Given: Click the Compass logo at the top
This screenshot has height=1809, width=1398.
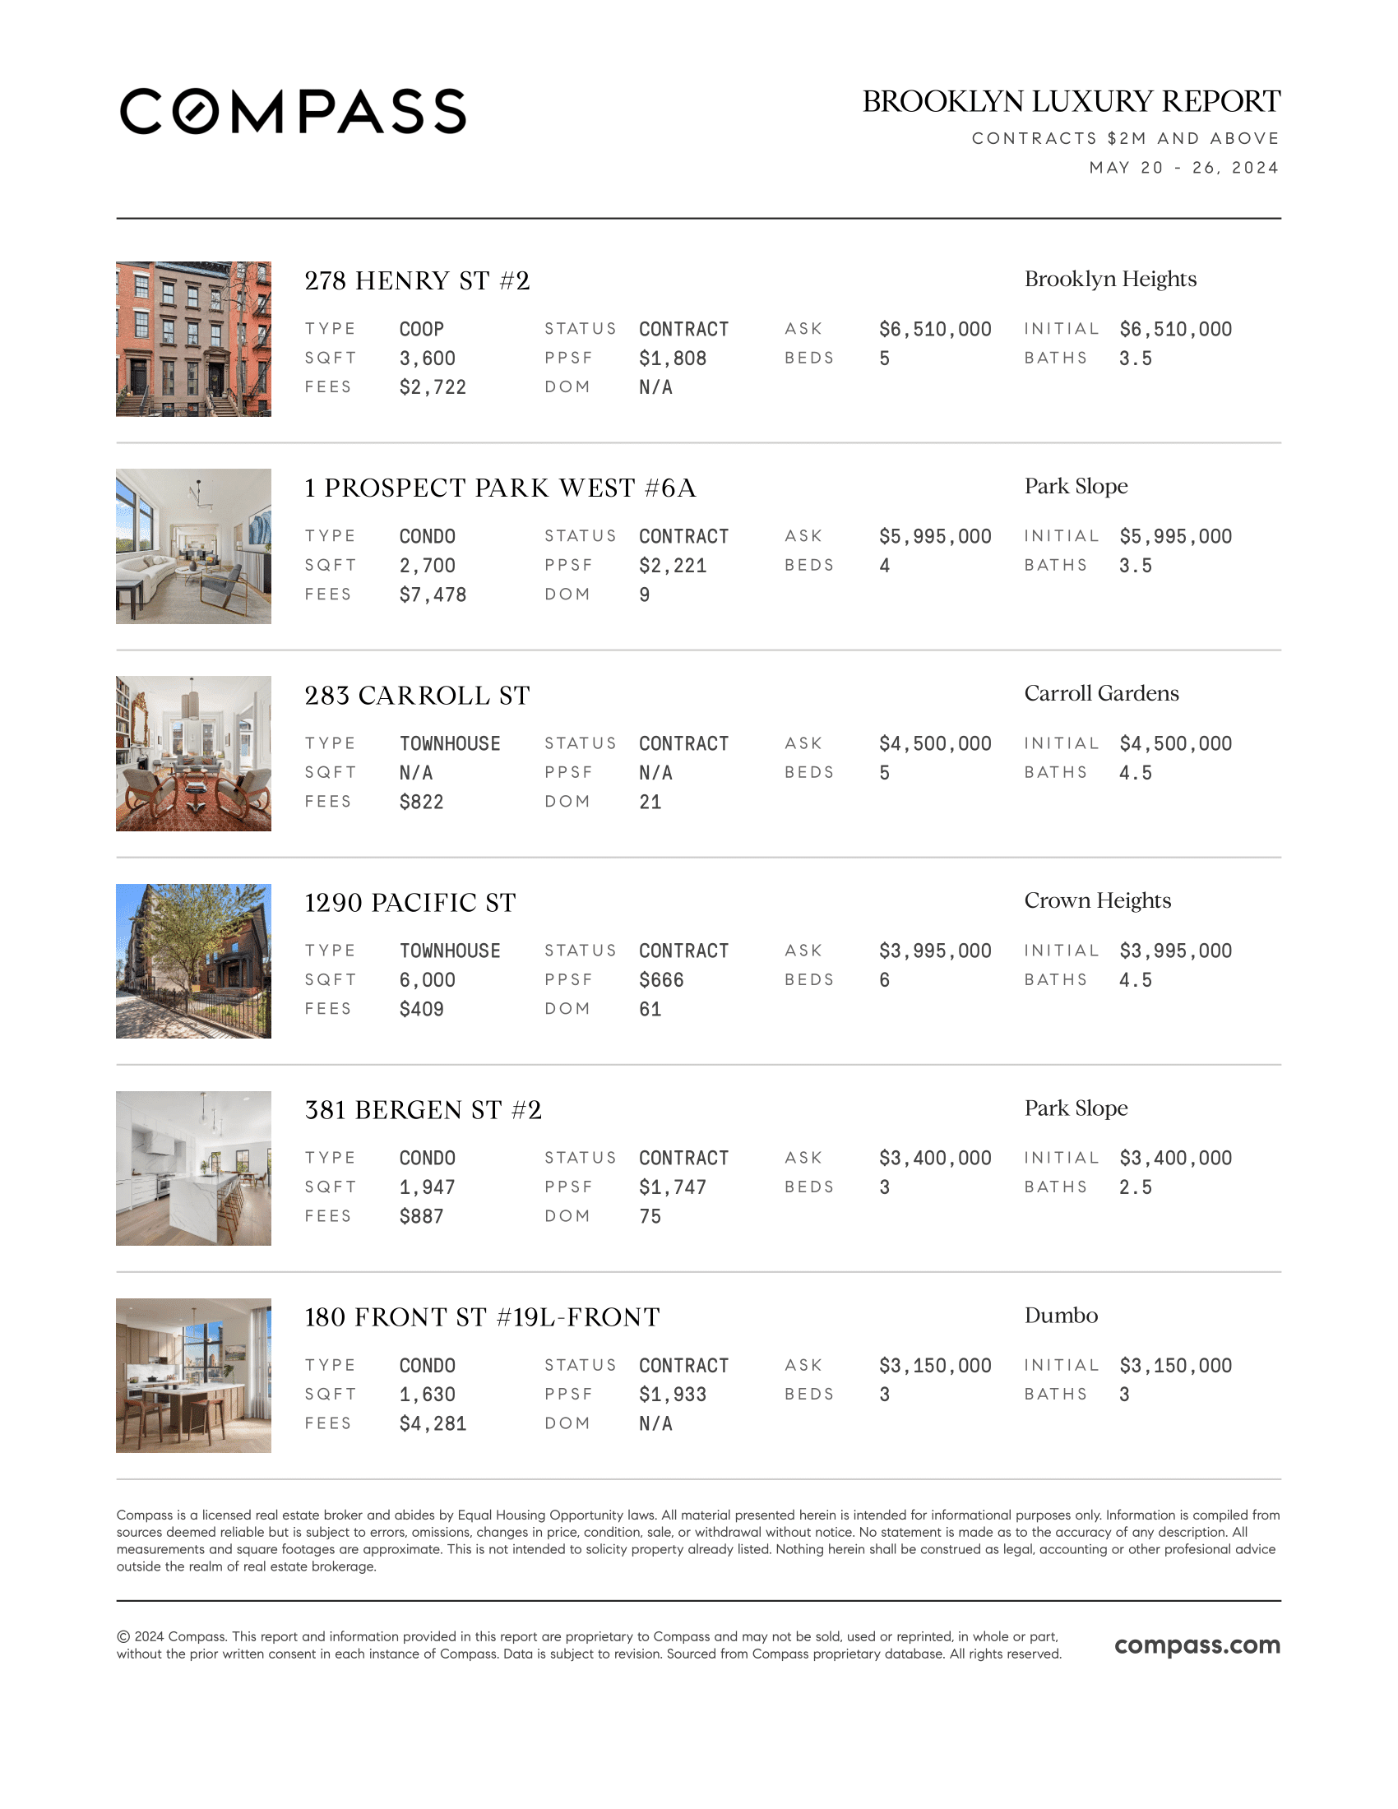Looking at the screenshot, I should (293, 111).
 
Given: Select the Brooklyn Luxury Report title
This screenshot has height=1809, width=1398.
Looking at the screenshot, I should (1071, 102).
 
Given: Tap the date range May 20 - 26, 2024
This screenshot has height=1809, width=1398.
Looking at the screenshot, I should (1183, 168).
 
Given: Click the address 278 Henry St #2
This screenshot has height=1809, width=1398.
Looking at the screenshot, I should (417, 281).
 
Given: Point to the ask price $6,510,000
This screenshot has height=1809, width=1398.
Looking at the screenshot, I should (935, 330).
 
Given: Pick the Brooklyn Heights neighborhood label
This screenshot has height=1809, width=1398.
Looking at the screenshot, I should (1110, 279).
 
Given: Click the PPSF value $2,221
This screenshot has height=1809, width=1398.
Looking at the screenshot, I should (673, 566).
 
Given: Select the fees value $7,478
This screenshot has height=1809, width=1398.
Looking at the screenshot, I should (433, 595).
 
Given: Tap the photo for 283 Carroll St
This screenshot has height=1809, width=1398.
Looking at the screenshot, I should (193, 754).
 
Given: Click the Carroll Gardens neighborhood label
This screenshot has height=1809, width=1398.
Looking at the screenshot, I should (1100, 693).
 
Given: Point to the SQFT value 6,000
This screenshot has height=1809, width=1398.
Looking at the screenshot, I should (427, 980).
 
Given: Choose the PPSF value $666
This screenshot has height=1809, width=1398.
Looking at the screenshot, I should (661, 980).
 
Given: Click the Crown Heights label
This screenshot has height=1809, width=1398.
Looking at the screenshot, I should (1097, 900).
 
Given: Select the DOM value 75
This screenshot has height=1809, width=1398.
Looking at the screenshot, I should (650, 1216).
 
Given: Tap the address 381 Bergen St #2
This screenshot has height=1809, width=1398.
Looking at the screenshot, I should (423, 1110).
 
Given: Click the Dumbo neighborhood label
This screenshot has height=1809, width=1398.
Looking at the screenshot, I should (1061, 1316).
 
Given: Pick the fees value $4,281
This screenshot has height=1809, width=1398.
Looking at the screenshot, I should (433, 1424).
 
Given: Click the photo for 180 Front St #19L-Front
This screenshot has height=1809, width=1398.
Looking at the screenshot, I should (193, 1375).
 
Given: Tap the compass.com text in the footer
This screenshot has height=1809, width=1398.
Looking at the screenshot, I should (1197, 1645).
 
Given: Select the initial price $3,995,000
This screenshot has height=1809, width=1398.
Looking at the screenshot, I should (1175, 951).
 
